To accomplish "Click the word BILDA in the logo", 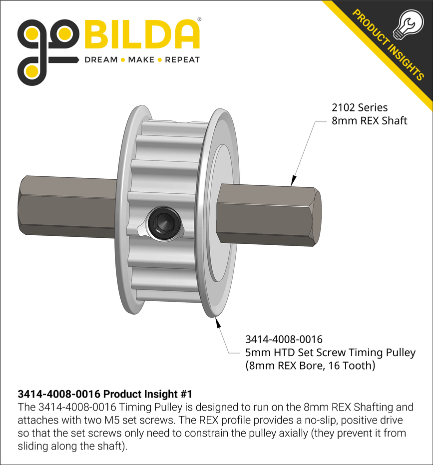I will [x=142, y=36].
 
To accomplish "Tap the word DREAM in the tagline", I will [x=100, y=60].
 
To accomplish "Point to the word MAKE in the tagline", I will [x=141, y=60].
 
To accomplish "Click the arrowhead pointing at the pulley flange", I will [x=218, y=322].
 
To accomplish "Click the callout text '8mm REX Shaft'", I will [x=369, y=120].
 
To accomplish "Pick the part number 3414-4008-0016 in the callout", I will [x=284, y=340].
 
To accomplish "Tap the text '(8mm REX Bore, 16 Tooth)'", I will [x=310, y=366].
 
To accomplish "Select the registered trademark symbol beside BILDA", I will [x=200, y=20].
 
